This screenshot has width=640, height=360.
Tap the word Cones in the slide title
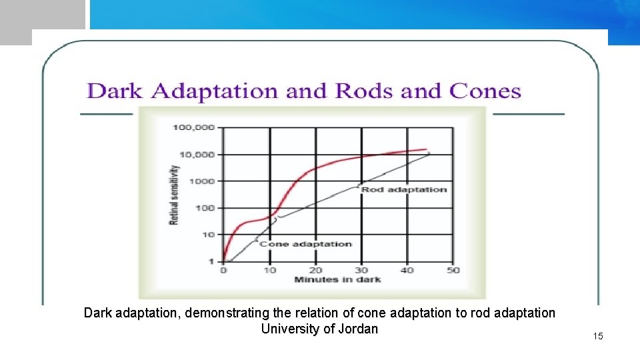(x=485, y=91)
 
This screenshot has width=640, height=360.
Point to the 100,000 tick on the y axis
(x=194, y=127)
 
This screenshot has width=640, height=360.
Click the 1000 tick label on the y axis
(x=202, y=181)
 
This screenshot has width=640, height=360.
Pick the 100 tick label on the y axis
(x=205, y=207)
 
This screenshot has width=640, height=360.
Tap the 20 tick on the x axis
(x=315, y=270)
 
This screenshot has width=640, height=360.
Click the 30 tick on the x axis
(x=361, y=270)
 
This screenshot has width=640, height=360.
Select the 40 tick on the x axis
(x=407, y=270)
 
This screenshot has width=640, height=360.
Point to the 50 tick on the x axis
(x=453, y=270)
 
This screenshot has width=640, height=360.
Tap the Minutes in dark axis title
(x=337, y=279)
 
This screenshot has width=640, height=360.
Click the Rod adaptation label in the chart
(x=404, y=190)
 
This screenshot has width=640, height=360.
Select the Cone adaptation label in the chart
(x=305, y=244)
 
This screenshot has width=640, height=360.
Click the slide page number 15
(x=597, y=336)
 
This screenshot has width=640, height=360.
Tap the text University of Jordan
(x=319, y=329)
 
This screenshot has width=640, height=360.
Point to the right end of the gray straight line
(x=429, y=153)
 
